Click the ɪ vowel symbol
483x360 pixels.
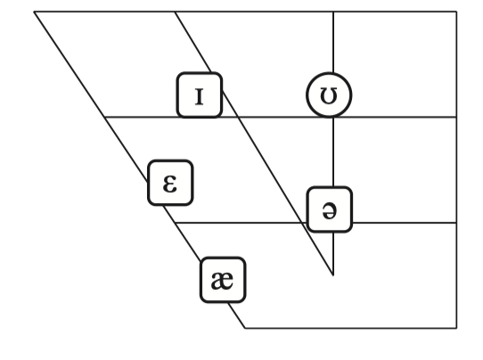pos(200,95)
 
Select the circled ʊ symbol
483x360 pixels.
pos(329,94)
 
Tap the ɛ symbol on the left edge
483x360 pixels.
pos(170,183)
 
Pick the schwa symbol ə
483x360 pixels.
pos(330,209)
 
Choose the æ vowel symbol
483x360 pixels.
pos(223,280)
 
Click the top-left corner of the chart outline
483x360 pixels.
pos(34,12)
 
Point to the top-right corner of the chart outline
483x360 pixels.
pos(456,12)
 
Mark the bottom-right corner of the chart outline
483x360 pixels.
pos(456,328)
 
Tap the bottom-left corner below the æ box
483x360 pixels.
pos(245,328)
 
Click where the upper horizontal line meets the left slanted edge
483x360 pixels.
pos(104,117)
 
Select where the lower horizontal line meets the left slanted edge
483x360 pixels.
pos(175,223)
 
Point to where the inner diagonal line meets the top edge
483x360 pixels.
pos(175,12)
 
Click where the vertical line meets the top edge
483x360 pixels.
pos(333,12)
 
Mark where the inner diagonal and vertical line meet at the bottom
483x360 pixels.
pos(333,275)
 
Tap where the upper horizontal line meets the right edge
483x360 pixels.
pos(456,117)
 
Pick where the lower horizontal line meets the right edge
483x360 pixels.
pos(456,223)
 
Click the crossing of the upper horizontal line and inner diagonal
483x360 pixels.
pos(239,117)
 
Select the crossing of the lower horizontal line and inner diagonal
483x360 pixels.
pos(301,223)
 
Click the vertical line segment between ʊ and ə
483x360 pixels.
pos(333,152)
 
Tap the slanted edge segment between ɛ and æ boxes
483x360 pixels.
pos(182,232)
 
